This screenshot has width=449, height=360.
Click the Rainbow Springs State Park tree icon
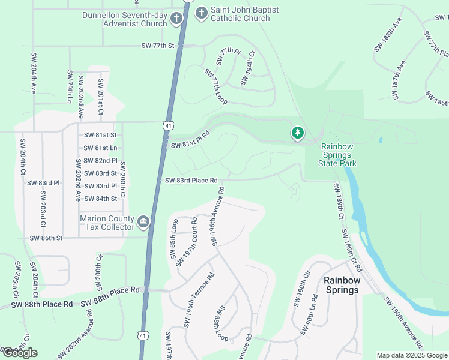[297, 133]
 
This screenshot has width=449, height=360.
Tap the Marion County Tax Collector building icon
[143, 223]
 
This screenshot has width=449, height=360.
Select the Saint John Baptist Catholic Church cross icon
[201, 12]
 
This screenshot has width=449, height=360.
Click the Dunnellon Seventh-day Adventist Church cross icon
[176, 19]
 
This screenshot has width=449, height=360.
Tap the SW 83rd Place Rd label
[191, 180]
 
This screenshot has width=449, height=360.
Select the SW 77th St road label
[157, 46]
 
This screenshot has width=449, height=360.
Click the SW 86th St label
[46, 238]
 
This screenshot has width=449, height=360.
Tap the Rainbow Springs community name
[341, 285]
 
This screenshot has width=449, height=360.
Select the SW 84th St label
[101, 199]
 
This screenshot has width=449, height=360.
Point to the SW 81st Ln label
[100, 148]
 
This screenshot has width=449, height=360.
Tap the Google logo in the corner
[20, 352]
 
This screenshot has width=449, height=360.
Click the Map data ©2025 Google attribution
[412, 355]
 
